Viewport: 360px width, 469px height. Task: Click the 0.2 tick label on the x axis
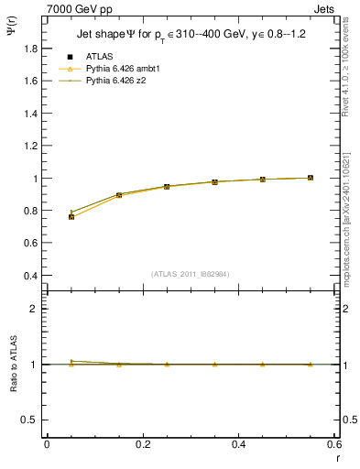tap(142, 444)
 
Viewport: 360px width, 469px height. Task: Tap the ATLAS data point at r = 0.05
tap(71, 217)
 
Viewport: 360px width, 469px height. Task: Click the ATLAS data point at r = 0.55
tap(311, 178)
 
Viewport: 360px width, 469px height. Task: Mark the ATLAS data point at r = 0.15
tap(119, 195)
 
